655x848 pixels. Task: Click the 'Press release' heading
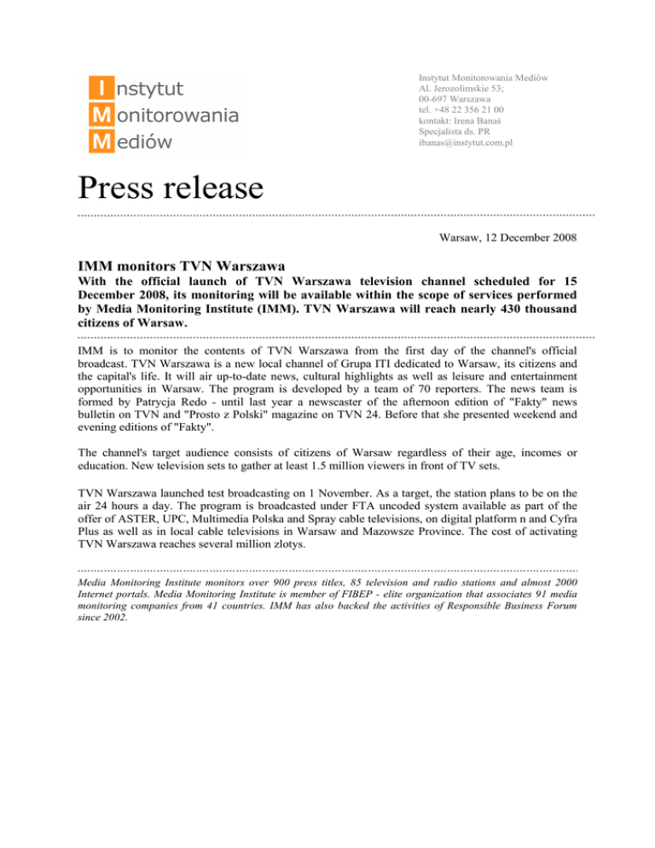pyautogui.click(x=170, y=184)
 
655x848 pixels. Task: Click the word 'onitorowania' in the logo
pyautogui.click(x=176, y=113)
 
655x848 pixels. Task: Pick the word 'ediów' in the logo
pyautogui.click(x=146, y=141)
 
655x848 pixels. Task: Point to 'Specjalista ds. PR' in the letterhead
pyautogui.click(x=454, y=133)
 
